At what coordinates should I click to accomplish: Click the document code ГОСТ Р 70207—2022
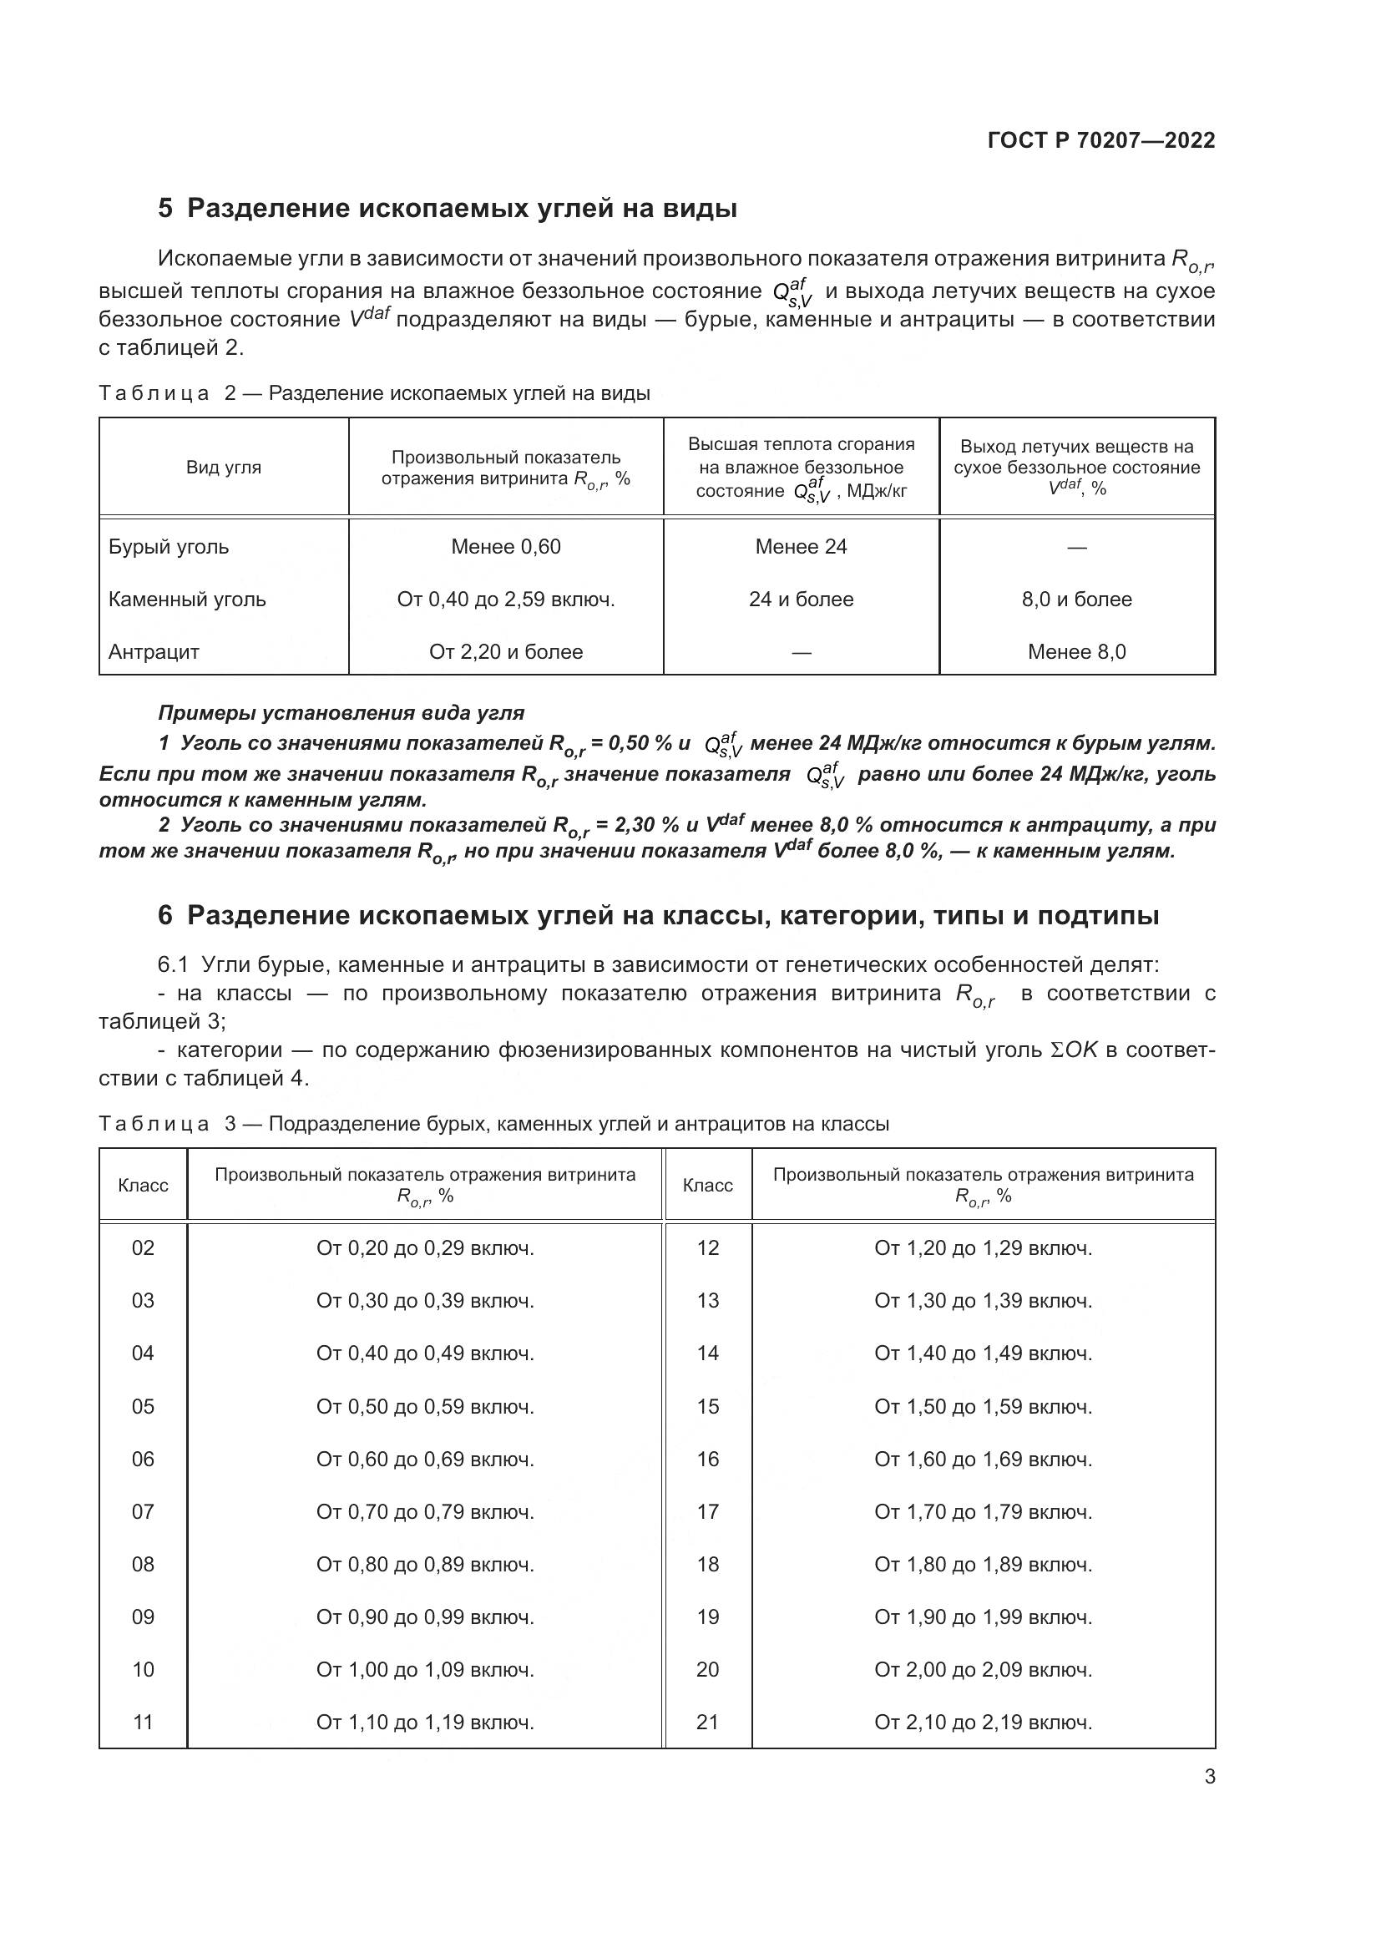(x=1101, y=140)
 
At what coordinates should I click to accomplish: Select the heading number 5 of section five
(x=166, y=209)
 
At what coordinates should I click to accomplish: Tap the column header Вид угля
(x=224, y=467)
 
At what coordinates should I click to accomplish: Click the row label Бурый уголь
(x=169, y=547)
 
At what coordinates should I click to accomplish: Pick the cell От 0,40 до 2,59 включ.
(x=506, y=600)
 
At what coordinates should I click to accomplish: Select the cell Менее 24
(x=801, y=547)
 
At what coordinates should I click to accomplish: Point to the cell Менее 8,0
(x=1076, y=652)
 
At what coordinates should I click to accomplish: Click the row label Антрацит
(x=154, y=652)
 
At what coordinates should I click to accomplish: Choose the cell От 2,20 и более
(x=506, y=652)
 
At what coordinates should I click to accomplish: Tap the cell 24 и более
(x=801, y=600)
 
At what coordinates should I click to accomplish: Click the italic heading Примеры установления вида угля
(x=341, y=713)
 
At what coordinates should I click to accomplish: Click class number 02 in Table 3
(x=143, y=1247)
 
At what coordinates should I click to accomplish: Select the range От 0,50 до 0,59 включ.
(x=425, y=1406)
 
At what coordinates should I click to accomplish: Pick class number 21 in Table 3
(x=707, y=1723)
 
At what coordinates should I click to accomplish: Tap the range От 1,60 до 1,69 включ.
(x=983, y=1459)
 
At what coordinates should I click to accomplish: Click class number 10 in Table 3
(x=143, y=1670)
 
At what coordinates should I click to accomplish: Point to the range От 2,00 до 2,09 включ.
(x=983, y=1670)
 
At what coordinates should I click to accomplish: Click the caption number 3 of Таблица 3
(x=230, y=1124)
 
